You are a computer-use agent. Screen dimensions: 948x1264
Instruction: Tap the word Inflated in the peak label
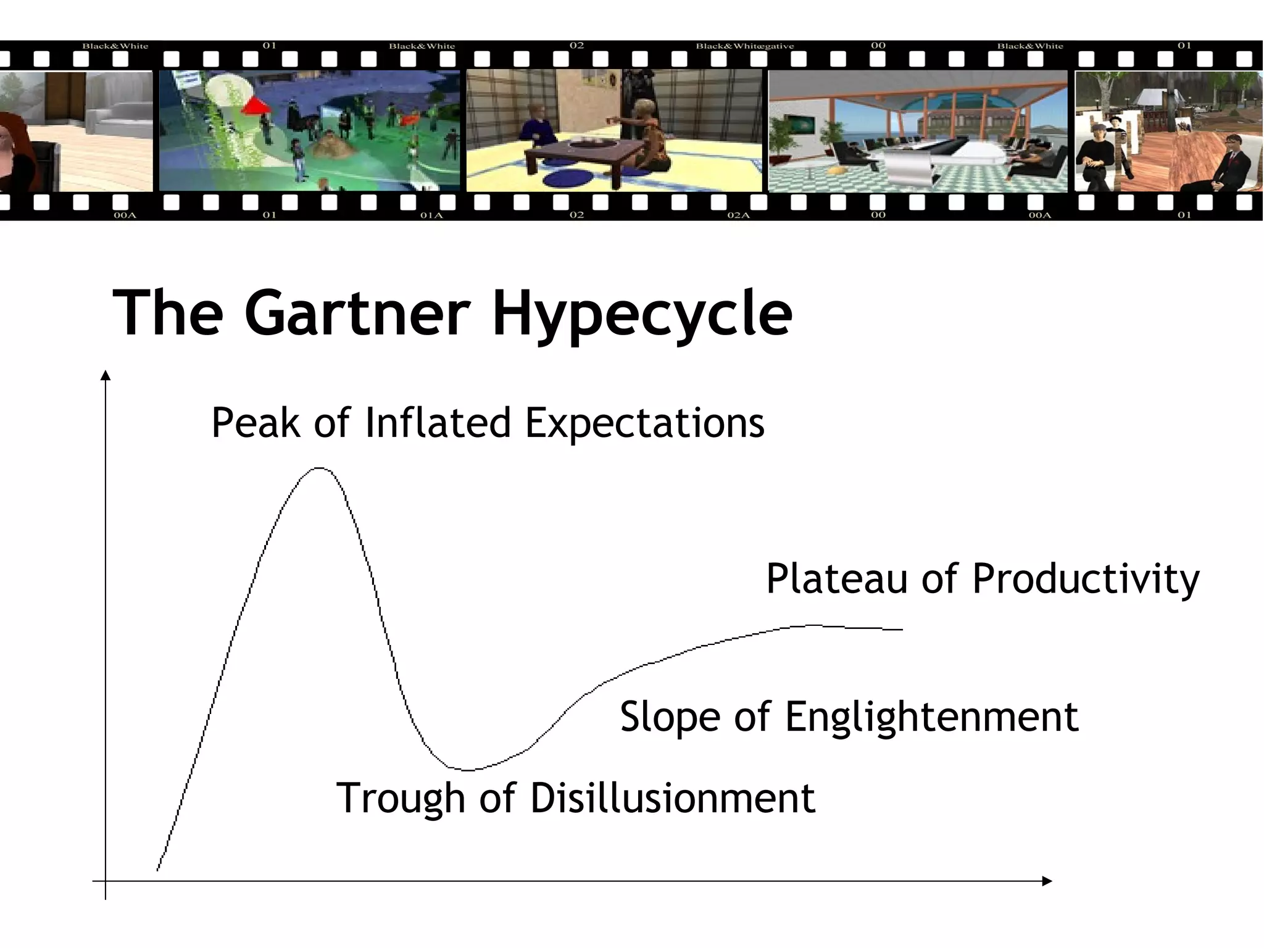[438, 423]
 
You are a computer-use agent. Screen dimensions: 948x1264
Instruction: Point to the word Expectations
[644, 425]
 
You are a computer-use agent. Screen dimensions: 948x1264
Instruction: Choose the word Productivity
[1086, 580]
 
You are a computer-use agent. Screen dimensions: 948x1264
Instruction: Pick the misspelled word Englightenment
[931, 718]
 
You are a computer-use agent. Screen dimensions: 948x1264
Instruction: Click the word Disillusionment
[673, 799]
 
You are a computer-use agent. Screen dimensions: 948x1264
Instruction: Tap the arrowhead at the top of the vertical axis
[106, 375]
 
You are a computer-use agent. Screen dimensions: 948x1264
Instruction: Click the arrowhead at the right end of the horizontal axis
[1047, 881]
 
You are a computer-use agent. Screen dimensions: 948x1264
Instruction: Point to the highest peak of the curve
[318, 468]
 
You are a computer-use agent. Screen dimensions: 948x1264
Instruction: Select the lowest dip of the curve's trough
[467, 770]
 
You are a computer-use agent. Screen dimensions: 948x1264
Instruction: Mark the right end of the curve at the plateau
[901, 630]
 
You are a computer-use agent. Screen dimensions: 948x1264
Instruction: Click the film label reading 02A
[738, 215]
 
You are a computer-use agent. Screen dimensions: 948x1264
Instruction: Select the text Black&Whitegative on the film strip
[745, 46]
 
